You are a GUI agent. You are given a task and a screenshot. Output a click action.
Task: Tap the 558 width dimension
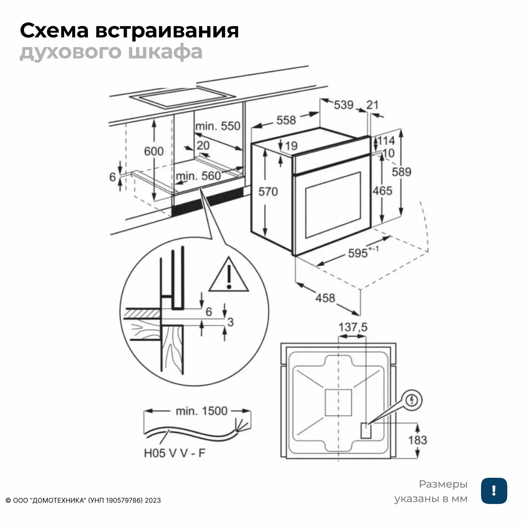(286, 120)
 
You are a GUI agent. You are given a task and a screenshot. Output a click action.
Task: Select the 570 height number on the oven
(268, 192)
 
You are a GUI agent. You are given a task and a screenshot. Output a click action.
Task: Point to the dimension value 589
(401, 172)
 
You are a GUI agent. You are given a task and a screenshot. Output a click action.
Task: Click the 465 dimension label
(382, 191)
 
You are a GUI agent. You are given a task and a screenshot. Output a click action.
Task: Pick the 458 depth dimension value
(325, 298)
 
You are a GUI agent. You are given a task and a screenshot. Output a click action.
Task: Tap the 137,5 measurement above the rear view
(353, 327)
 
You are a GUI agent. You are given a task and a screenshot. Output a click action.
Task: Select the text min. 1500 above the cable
(201, 411)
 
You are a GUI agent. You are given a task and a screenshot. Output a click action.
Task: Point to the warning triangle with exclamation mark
(229, 275)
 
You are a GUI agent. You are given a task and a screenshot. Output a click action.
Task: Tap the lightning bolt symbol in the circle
(412, 400)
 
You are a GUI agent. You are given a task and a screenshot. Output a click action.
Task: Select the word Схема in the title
(54, 31)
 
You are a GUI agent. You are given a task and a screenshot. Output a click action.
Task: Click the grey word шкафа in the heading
(165, 52)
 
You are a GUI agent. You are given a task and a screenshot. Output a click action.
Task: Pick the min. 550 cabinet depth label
(218, 126)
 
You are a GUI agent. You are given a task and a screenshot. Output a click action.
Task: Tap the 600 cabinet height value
(154, 151)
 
